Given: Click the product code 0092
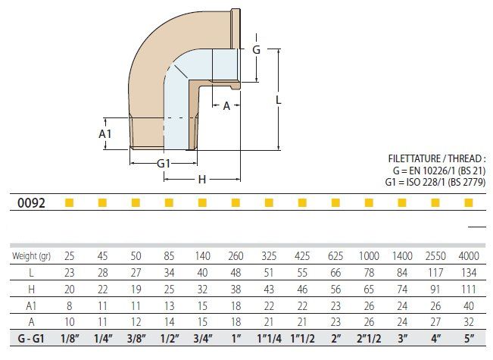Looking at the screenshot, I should click(x=32, y=203).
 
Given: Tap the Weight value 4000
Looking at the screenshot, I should click(x=469, y=256).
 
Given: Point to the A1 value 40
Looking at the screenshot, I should click(x=469, y=305).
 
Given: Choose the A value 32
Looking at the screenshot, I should click(x=469, y=321).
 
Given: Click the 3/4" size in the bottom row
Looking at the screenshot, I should click(x=202, y=338).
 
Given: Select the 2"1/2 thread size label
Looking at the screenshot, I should click(x=370, y=338).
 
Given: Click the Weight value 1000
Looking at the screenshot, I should click(x=370, y=256).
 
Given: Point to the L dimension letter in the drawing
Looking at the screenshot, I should click(x=279, y=99).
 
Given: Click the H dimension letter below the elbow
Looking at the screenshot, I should click(x=201, y=180).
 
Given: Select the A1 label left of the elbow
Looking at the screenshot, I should click(x=106, y=133).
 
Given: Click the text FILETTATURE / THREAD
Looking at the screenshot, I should click(x=435, y=160).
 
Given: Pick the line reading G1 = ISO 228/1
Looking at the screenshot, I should click(x=434, y=182).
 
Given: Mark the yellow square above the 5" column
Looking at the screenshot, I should click(x=469, y=202).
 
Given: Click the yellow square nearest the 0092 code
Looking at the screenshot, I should click(x=69, y=202).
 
